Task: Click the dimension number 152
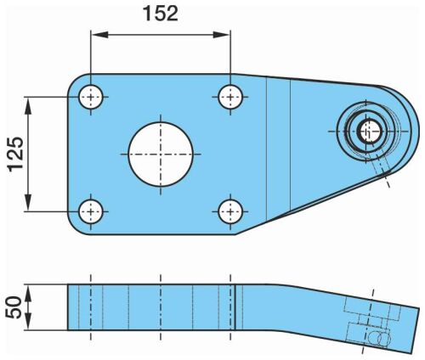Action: pyautogui.click(x=161, y=14)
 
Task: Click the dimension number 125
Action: pyautogui.click(x=15, y=155)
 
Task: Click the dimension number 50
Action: pyautogui.click(x=14, y=307)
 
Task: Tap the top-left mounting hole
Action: pyautogui.click(x=91, y=97)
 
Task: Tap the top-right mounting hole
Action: pyautogui.click(x=230, y=97)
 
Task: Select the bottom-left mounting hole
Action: pyautogui.click(x=91, y=211)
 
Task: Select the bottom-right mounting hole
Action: pyautogui.click(x=230, y=211)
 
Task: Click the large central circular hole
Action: pyautogui.click(x=161, y=155)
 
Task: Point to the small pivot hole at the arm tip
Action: pyautogui.click(x=371, y=132)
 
